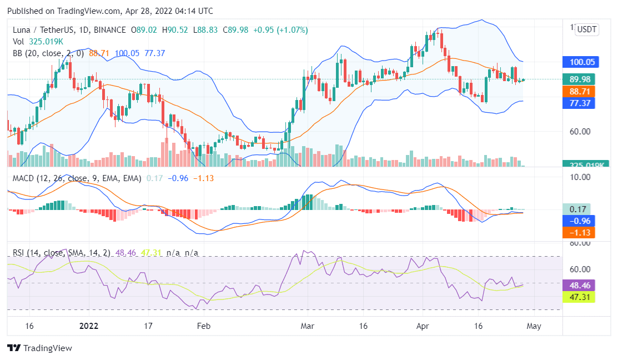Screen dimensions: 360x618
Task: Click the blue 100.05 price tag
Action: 579,62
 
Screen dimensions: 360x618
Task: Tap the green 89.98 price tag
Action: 579,79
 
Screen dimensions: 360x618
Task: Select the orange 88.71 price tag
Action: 579,91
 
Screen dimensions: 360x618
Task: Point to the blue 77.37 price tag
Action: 579,103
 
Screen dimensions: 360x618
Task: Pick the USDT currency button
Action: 587,29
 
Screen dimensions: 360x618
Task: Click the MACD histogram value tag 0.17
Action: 579,209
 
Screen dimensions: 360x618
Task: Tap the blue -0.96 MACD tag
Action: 579,221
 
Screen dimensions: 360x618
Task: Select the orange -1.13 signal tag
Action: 579,232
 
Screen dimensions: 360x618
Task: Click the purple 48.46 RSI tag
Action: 579,285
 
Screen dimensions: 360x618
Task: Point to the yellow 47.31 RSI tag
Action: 579,297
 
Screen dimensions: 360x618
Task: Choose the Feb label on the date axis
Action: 204,326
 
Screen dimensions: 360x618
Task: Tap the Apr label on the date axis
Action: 423,326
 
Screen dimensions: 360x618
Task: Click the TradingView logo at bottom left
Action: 40,348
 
